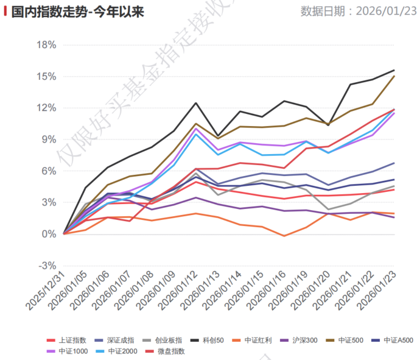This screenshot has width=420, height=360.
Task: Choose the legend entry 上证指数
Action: click(72, 340)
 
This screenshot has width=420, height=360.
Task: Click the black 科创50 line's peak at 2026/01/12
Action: click(196, 103)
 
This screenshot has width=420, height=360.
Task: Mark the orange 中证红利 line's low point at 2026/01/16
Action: click(284, 236)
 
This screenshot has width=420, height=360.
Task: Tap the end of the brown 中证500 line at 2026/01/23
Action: click(394, 76)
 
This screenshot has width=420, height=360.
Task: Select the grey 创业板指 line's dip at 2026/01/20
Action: click(328, 210)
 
